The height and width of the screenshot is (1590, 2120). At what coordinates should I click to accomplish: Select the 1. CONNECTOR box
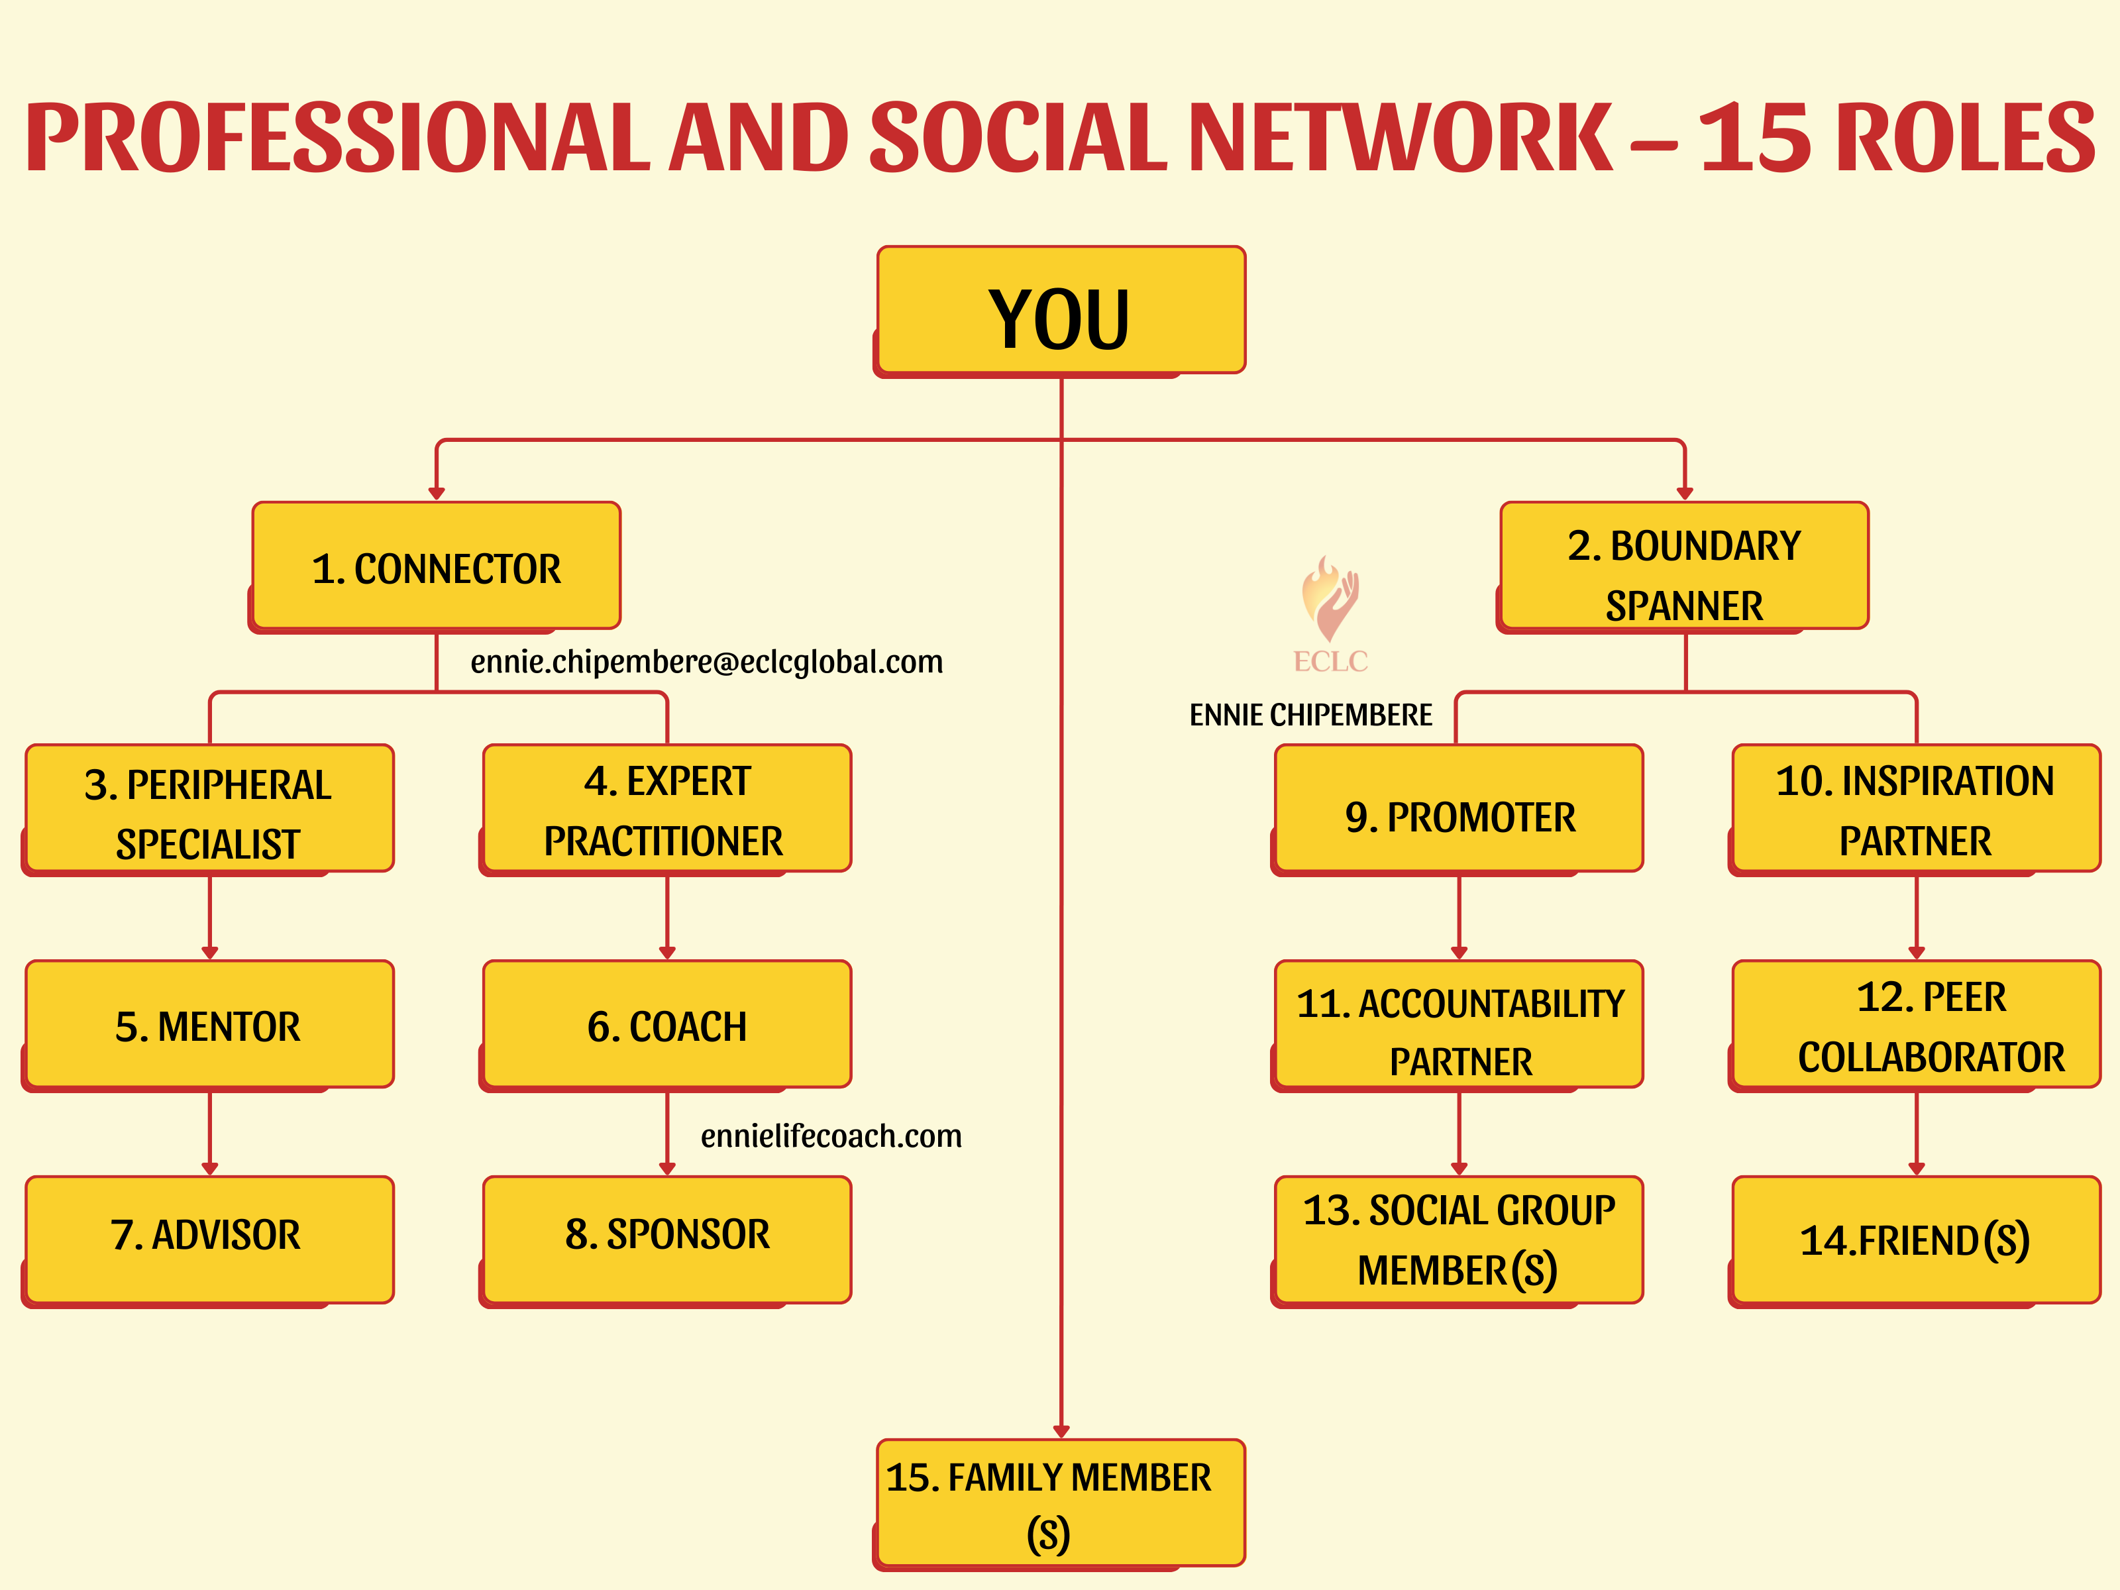point(435,566)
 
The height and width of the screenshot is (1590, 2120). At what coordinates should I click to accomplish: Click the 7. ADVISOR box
point(208,1241)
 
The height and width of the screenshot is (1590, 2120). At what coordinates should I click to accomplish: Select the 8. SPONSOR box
point(666,1241)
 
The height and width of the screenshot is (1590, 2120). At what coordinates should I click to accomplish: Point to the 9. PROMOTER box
point(1457,810)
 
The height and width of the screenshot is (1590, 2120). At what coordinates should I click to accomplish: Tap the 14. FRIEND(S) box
point(1915,1241)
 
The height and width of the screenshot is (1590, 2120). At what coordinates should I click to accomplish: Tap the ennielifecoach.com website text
point(831,1136)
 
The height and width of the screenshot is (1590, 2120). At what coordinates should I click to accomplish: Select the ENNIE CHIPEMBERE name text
point(1310,715)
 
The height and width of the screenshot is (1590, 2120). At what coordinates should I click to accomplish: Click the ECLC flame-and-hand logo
point(1330,613)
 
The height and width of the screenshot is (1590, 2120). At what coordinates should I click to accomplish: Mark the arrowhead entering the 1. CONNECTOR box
point(436,494)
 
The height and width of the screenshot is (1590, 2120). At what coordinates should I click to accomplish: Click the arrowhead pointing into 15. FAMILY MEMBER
point(1061,1431)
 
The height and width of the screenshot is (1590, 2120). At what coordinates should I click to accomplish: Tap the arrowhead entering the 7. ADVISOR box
point(210,1168)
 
